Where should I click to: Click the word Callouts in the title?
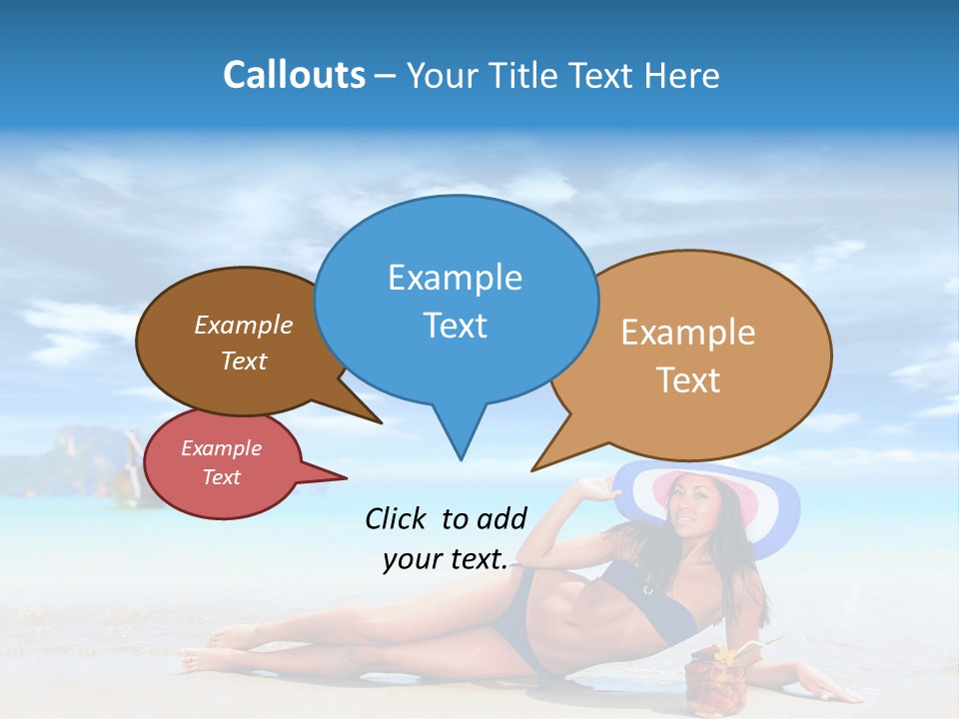294,75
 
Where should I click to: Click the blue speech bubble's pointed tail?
461,439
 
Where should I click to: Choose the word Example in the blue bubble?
455,278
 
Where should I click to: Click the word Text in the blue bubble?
455,326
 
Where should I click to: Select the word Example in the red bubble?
221,448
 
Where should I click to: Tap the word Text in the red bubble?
221,477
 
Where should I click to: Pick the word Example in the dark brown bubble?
244,325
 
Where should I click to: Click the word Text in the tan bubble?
688,380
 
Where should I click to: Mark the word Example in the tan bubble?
688,333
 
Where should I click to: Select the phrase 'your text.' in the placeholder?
446,560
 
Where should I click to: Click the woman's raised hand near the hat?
598,488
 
